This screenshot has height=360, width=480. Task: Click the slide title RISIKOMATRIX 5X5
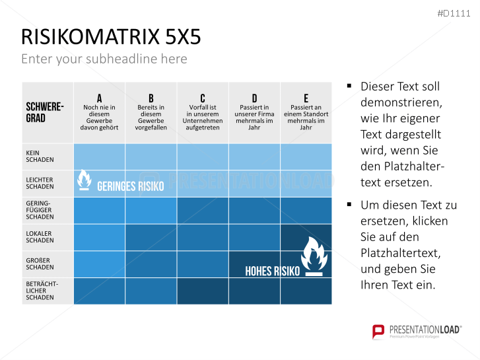click(110, 37)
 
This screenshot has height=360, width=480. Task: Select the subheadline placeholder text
click(104, 59)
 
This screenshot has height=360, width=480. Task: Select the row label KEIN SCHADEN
click(40, 157)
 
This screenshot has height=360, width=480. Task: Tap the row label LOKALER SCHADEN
click(40, 237)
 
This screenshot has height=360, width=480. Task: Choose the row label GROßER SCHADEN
click(40, 264)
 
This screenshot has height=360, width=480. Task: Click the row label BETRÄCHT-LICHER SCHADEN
click(42, 291)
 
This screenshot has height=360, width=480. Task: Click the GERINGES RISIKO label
click(130, 186)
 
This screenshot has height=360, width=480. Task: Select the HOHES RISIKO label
click(272, 271)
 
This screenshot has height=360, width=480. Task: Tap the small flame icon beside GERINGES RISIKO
click(85, 180)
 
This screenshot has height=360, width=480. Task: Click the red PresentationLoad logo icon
click(378, 331)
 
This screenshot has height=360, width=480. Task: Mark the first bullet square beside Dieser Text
click(349, 87)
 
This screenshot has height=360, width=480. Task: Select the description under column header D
click(254, 118)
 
